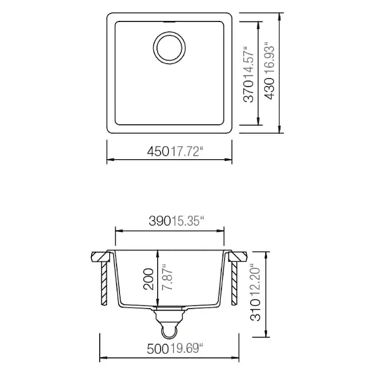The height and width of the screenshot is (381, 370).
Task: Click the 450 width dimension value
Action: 158,152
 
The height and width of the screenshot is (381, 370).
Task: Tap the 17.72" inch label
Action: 187,151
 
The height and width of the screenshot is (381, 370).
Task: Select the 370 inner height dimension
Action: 248,91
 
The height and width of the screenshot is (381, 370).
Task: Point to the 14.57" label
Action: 248,62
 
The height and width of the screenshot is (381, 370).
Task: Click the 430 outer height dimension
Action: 269,89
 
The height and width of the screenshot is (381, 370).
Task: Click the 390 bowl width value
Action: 160,221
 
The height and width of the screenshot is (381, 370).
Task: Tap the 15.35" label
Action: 188,221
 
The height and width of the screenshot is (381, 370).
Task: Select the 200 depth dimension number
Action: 149,279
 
